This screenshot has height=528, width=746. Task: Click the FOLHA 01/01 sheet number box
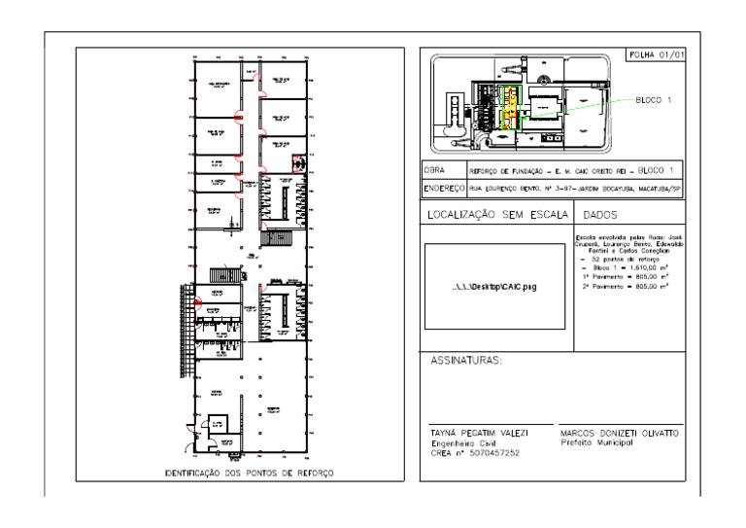tap(657, 55)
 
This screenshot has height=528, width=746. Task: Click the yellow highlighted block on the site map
tap(508, 107)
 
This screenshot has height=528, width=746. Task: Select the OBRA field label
tap(433, 169)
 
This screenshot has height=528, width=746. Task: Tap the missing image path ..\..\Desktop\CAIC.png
tap(495, 289)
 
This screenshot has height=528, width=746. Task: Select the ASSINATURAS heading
tap(466, 362)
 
